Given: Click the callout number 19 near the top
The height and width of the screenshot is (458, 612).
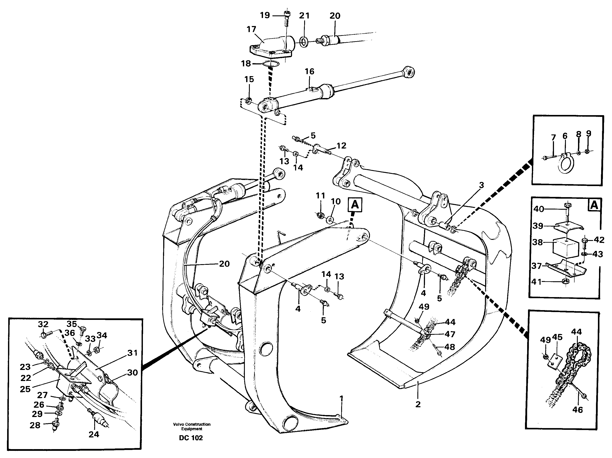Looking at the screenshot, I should (x=265, y=15).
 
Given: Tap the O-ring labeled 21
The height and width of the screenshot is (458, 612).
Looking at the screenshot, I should (x=304, y=42).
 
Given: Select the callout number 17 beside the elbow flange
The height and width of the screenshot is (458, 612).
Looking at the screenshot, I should (x=251, y=29).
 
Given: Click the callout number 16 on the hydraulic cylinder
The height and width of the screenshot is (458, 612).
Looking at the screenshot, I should (x=309, y=72).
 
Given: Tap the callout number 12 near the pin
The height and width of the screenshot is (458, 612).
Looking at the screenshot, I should (x=341, y=146).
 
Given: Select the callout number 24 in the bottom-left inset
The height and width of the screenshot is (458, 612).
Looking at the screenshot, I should (x=94, y=434).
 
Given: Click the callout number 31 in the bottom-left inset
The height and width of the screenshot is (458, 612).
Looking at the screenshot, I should (x=132, y=353).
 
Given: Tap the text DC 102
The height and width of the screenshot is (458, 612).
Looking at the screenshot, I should (x=191, y=438).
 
